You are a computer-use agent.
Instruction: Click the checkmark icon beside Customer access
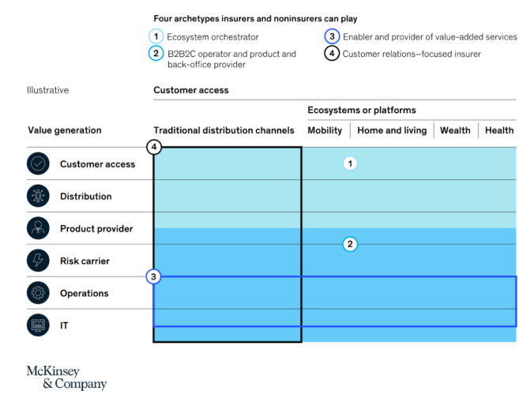(38, 164)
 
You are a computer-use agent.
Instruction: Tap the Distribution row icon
(38, 197)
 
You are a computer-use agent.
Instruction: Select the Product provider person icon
(38, 229)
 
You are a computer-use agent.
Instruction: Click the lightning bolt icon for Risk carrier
(38, 261)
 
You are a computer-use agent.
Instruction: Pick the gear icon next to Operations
(38, 293)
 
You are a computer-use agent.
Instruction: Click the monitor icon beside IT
(38, 325)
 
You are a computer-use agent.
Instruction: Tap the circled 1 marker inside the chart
(351, 164)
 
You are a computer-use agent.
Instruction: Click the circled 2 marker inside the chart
(351, 244)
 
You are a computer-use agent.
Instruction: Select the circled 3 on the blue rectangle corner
(154, 276)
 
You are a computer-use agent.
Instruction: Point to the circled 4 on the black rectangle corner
(154, 147)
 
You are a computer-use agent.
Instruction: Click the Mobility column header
(325, 130)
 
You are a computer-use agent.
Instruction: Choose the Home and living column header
(392, 130)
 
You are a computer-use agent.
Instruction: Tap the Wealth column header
(455, 130)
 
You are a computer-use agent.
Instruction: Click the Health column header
(499, 130)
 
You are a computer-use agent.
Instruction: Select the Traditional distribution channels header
(224, 130)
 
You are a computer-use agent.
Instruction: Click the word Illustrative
(48, 90)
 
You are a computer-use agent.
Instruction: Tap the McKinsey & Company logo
(66, 377)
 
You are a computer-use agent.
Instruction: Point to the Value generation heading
(65, 130)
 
